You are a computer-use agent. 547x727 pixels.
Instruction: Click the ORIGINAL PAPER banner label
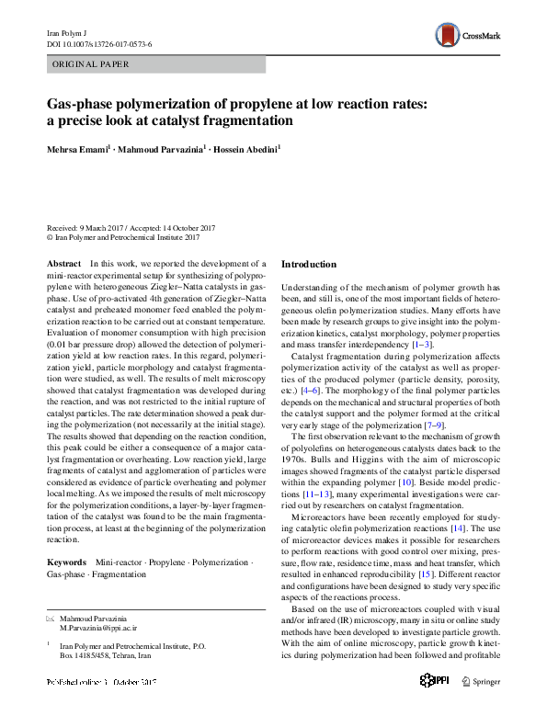point(92,64)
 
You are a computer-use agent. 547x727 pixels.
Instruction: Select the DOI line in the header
point(99,43)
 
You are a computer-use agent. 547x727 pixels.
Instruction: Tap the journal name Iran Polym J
point(66,32)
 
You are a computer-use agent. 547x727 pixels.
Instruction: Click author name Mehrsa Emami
point(81,148)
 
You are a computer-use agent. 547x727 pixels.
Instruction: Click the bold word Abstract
point(63,263)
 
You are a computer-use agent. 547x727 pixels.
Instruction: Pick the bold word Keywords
point(67,561)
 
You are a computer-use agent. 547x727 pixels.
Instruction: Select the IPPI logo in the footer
point(434,706)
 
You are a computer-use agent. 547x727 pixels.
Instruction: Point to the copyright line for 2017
point(122,236)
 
